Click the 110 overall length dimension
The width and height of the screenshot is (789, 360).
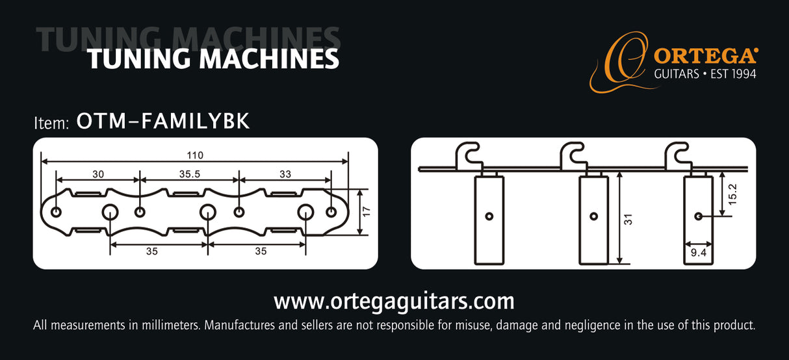(195, 155)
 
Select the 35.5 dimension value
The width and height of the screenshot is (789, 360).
(190, 174)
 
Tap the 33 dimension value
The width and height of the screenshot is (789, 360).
(285, 174)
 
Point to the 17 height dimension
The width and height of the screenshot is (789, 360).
(367, 212)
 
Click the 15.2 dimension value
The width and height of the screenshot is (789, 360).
(732, 194)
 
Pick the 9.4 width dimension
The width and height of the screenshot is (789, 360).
(699, 252)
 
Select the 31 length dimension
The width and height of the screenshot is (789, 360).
(628, 219)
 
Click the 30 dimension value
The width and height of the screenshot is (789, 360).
(98, 174)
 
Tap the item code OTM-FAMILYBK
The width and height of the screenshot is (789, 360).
(163, 121)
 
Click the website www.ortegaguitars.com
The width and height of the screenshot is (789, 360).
(394, 302)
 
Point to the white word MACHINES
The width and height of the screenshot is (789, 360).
(269, 59)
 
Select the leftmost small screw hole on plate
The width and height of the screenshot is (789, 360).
(56, 212)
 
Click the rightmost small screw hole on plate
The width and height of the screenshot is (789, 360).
(331, 212)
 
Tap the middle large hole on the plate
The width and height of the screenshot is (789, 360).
(208, 212)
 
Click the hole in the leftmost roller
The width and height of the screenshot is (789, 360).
(489, 216)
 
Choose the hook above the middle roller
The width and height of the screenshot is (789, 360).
(573, 155)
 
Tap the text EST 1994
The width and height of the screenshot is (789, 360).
(733, 74)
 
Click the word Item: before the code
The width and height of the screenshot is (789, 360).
(51, 123)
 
